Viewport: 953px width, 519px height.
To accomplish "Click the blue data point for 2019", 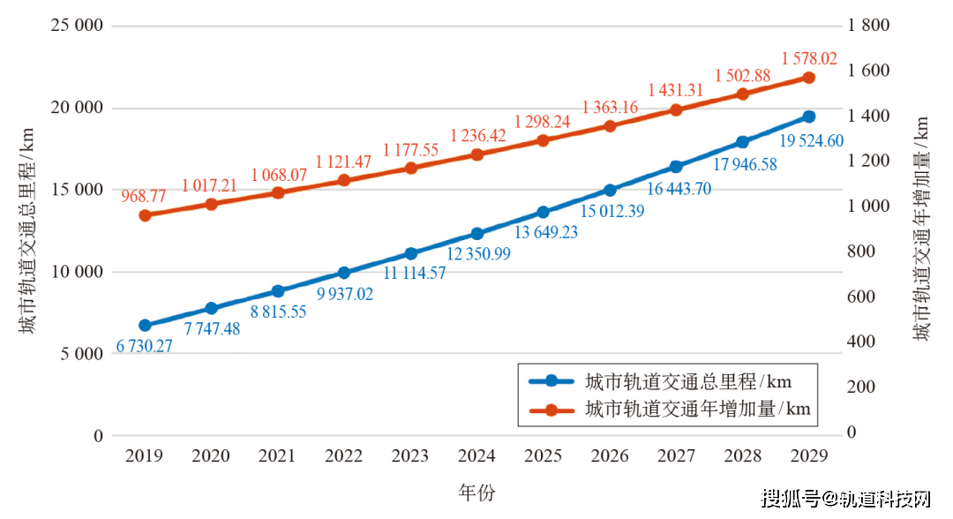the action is coord(146,325).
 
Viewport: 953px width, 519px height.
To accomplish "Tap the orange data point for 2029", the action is coord(809,78).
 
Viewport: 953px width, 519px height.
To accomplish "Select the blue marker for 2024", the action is coord(477,234).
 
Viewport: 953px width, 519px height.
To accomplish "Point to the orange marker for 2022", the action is coord(344,180).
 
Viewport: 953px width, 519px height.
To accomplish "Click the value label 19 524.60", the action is coord(812,141).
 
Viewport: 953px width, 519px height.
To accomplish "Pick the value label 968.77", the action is coord(144,196).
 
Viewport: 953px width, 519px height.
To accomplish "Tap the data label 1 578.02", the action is coord(809,58).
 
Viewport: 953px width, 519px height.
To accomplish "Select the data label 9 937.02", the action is coord(345,294).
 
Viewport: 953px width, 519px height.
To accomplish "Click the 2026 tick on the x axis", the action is coord(610,455).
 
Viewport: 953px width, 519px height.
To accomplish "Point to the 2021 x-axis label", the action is coord(277,455).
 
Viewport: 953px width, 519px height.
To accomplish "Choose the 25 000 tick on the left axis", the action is coord(77,26).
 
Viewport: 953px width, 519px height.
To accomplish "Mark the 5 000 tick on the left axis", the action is coord(81,354).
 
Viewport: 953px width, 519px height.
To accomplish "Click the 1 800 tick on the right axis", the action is coord(868,26).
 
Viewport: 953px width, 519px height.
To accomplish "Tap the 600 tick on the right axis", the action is coord(861,297).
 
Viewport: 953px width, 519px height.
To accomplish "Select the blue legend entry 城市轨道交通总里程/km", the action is coord(661,381).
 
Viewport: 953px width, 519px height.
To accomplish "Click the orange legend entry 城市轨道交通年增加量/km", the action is coord(670,409).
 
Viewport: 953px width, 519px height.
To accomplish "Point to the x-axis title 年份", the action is coord(477,493).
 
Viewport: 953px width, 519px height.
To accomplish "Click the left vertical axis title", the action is coord(26,230).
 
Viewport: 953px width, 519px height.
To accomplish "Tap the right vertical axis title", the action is coord(921,229).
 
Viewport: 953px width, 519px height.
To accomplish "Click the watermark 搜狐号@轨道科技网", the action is coord(846,499).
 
